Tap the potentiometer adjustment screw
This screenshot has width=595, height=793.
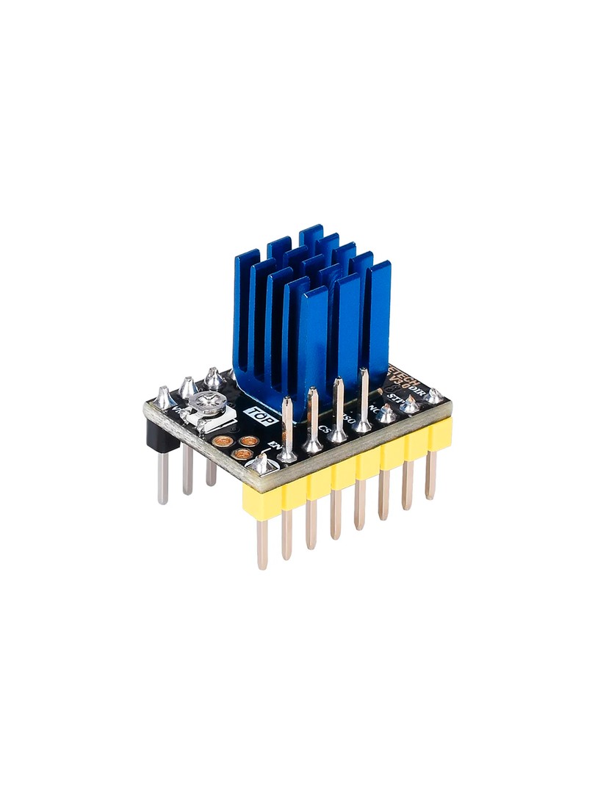coord(202,403)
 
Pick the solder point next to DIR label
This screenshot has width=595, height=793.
coord(434,396)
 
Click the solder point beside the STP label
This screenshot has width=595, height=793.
coord(409,406)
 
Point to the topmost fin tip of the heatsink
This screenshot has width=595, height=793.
coord(311,230)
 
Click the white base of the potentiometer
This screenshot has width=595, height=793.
coord(213,419)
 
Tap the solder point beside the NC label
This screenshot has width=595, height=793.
coord(386,416)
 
